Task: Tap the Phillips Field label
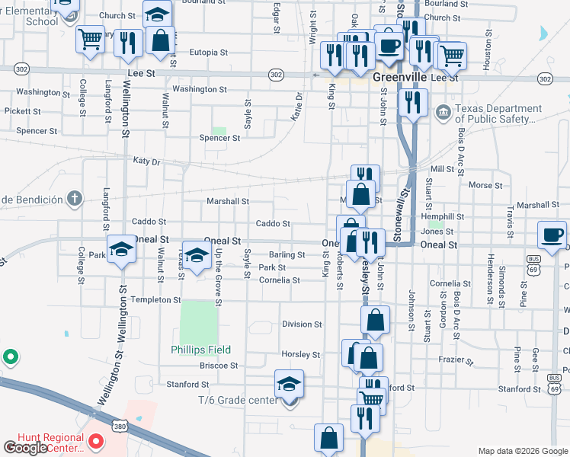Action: (200, 350)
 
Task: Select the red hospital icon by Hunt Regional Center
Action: (96, 441)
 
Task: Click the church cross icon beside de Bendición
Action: (73, 200)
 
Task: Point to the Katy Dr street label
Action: (146, 161)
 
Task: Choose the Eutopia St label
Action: (208, 53)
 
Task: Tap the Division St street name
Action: (302, 324)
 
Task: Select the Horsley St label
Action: (301, 355)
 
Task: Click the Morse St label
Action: (480, 185)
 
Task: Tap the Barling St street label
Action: (287, 255)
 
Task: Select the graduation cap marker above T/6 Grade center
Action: (290, 383)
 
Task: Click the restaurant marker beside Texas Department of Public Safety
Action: (413, 102)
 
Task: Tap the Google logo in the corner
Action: (25, 448)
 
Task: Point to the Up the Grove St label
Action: (219, 280)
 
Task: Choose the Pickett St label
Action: (22, 111)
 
